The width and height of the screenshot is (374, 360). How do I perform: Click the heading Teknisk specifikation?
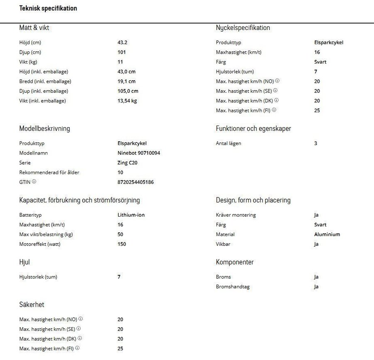coord(48,8)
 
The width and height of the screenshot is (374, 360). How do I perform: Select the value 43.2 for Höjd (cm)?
coord(122,42)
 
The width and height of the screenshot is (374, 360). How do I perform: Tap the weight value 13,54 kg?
coord(127,101)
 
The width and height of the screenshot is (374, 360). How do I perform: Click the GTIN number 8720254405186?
coord(135,182)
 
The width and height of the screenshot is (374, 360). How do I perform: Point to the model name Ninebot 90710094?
coord(139,153)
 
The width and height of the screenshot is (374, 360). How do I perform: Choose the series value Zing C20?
coord(127,163)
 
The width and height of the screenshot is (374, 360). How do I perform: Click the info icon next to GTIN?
coord(34,182)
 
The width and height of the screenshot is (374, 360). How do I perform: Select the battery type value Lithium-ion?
coord(131,215)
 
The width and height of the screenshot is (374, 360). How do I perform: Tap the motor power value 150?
coord(122,244)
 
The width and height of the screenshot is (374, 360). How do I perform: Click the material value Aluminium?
coord(327,234)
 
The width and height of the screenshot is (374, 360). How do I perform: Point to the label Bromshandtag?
coord(233,287)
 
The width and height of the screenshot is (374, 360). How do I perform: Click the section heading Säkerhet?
coord(32,305)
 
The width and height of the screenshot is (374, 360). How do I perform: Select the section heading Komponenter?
coord(235,262)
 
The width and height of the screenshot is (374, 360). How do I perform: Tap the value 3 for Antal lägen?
coord(316,143)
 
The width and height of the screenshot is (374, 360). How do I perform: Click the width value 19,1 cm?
coord(126,81)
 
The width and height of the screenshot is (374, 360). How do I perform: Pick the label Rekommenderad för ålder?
coord(49,173)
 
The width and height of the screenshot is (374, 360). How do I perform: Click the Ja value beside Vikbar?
coord(316,244)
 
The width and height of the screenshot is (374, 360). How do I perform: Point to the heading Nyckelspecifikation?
coord(243,28)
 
